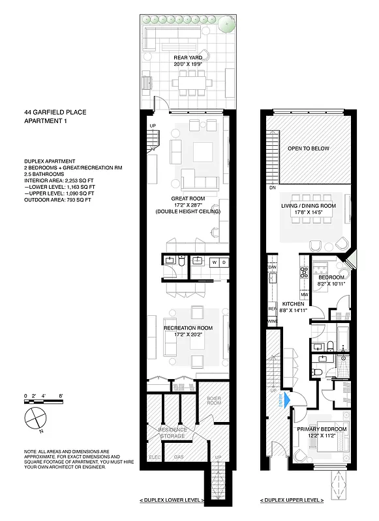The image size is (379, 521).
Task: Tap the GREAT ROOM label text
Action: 189,199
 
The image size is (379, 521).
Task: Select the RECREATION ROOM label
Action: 188,327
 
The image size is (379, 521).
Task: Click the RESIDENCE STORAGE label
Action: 173,433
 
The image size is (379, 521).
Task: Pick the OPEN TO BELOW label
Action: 309,148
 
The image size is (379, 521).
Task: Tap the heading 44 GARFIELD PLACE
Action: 55,112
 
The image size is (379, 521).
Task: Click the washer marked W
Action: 213,262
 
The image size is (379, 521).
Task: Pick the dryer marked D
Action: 224,262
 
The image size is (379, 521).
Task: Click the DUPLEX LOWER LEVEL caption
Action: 172,500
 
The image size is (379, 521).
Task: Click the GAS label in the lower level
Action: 179,457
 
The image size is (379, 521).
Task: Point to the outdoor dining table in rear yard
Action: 192,83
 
